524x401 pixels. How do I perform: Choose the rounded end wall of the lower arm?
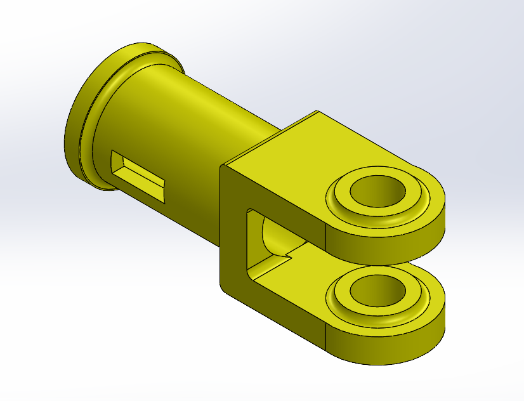tap(406, 343)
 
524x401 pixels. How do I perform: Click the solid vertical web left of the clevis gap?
tap(232, 241)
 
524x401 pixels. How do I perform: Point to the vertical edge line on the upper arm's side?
tap(325, 238)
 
